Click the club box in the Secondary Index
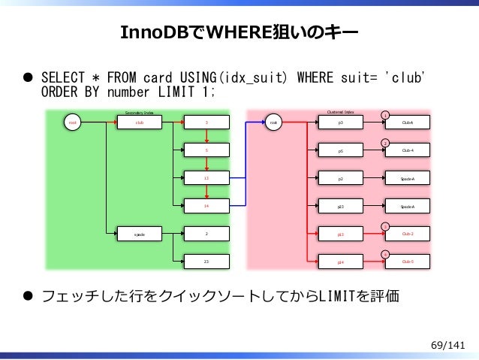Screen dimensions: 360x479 139,122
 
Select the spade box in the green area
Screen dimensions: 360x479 139,234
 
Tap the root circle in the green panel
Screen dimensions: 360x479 73,122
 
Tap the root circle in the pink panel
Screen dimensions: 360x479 275,122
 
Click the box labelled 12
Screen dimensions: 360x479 206,178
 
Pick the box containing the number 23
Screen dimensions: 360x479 206,262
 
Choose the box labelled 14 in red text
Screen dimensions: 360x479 206,206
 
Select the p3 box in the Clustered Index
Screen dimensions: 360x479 341,122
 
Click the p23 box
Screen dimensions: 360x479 341,206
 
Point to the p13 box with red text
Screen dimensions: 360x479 341,234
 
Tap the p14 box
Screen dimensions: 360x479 341,262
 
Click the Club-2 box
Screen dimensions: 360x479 407,234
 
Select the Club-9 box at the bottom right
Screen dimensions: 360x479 407,262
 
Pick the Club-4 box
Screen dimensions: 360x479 407,150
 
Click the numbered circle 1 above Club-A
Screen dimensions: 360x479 385,114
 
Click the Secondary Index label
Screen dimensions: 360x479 139,112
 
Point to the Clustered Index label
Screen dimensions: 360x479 341,112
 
